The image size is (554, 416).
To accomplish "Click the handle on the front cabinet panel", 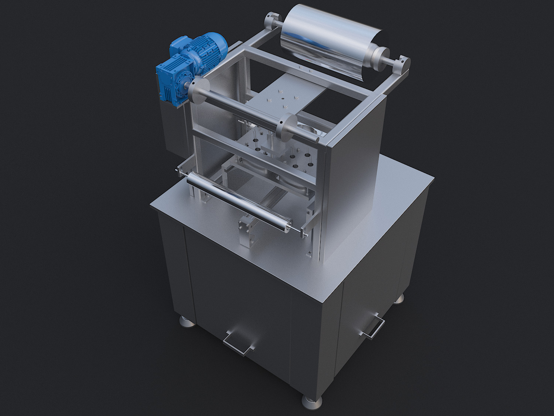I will tap(239, 342).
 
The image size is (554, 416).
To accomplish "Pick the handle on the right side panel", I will tap(373, 325).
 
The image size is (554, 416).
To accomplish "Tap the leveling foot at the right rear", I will tap(399, 298).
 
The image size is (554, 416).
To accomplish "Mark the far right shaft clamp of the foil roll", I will tap(404, 63).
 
